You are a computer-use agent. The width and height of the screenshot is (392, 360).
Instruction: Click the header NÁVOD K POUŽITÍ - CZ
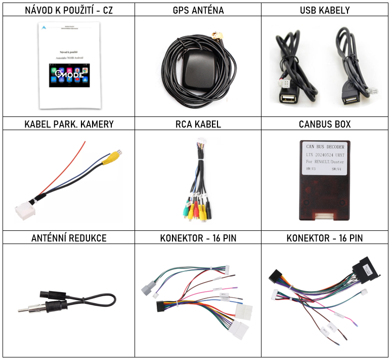coord(69,10)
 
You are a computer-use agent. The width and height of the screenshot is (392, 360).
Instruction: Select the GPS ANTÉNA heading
coord(198,10)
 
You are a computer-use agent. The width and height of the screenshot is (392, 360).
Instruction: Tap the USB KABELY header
coord(324,10)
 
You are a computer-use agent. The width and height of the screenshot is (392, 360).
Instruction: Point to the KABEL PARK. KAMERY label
coord(69,124)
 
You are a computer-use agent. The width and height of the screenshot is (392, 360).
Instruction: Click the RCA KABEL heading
coord(198,124)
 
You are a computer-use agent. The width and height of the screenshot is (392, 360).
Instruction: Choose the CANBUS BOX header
coord(324,124)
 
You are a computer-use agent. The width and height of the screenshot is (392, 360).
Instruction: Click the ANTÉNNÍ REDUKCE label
coord(69,238)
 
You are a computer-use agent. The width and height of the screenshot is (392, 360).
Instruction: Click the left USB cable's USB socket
coord(287,99)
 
